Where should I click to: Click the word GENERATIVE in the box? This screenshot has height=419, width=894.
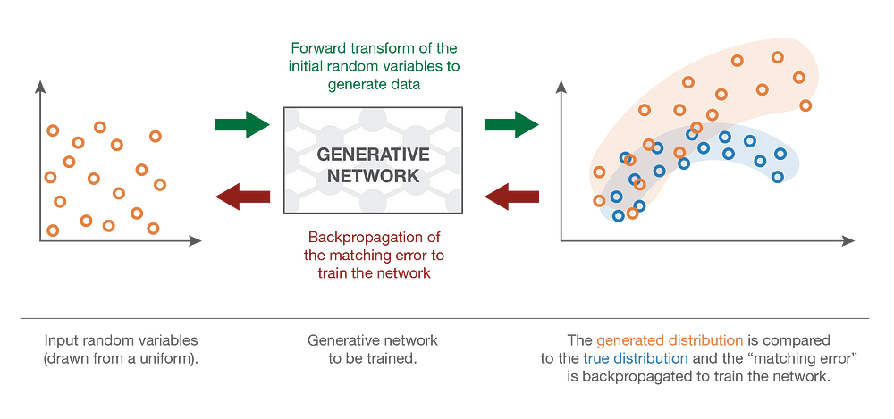click(x=373, y=155)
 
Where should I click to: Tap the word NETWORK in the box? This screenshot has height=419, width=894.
click(x=373, y=176)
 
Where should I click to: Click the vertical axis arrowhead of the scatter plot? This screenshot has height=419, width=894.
click(x=39, y=85)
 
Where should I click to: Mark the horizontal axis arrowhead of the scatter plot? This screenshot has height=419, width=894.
click(x=196, y=240)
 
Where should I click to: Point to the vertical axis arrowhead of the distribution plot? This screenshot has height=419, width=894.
click(x=561, y=86)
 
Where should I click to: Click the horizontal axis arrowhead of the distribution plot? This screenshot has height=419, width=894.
click(x=849, y=241)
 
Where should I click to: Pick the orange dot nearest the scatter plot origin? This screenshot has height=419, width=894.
click(x=53, y=230)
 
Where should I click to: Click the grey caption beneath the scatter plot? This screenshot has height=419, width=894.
click(x=122, y=349)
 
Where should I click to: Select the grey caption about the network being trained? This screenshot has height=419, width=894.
click(x=373, y=349)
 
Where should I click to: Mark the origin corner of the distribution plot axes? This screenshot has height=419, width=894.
click(x=561, y=241)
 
